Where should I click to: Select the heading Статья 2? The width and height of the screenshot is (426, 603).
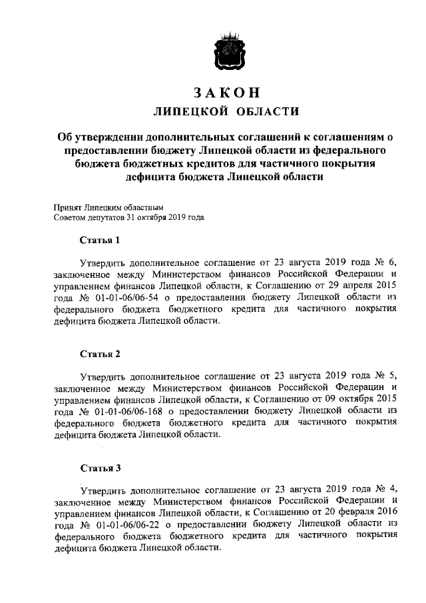[x=100, y=352]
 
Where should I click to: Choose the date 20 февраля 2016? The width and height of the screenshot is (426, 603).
[x=359, y=512]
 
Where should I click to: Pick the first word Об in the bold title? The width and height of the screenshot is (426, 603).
[x=65, y=137]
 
